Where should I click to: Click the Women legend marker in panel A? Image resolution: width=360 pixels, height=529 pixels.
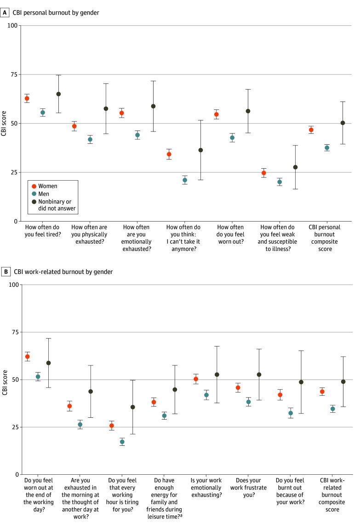(x=34, y=186)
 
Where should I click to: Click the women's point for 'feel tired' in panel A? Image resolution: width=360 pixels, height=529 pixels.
(x=27, y=98)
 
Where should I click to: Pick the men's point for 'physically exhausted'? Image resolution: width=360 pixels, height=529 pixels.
(x=90, y=139)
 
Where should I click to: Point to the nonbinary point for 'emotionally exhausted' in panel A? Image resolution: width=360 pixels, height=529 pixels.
(x=153, y=106)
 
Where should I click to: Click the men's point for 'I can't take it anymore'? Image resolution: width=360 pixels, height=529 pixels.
(x=185, y=180)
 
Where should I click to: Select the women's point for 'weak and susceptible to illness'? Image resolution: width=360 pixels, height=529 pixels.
(x=264, y=173)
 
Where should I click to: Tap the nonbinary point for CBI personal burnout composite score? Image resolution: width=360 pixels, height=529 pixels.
(x=343, y=123)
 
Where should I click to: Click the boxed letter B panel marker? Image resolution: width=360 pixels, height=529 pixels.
(x=6, y=272)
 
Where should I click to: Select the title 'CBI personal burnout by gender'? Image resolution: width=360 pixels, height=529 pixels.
(x=57, y=13)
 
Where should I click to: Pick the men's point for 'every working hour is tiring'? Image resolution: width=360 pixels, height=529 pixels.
(x=122, y=442)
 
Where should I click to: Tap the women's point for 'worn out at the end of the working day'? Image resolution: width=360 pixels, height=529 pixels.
(x=28, y=357)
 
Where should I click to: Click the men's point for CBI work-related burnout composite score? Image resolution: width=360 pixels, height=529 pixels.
(x=333, y=409)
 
